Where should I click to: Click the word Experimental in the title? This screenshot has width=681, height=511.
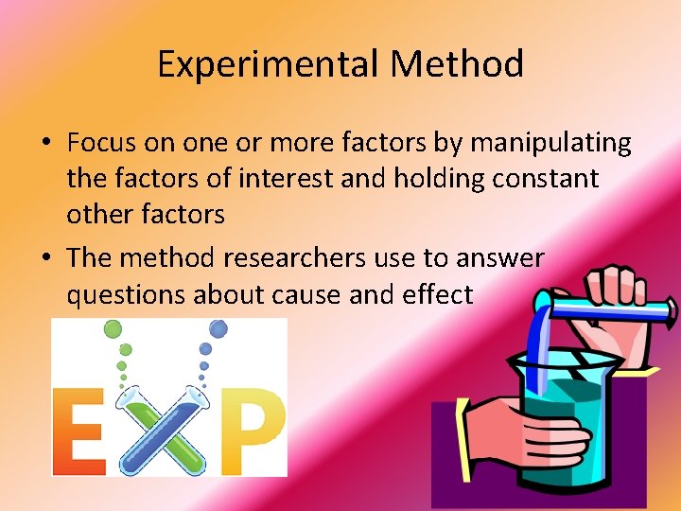pyautogui.click(x=269, y=64)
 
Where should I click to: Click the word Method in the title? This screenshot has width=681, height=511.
pyautogui.click(x=457, y=64)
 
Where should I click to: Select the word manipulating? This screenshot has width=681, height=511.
pyautogui.click(x=550, y=143)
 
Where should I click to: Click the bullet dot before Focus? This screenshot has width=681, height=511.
pyautogui.click(x=45, y=144)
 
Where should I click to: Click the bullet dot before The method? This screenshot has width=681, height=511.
pyautogui.click(x=45, y=258)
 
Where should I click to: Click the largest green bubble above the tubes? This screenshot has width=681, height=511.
pyautogui.click(x=113, y=328)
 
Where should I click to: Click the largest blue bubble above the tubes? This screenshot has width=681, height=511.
pyautogui.click(x=218, y=328)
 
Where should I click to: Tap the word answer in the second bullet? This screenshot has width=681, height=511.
pyautogui.click(x=498, y=257)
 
